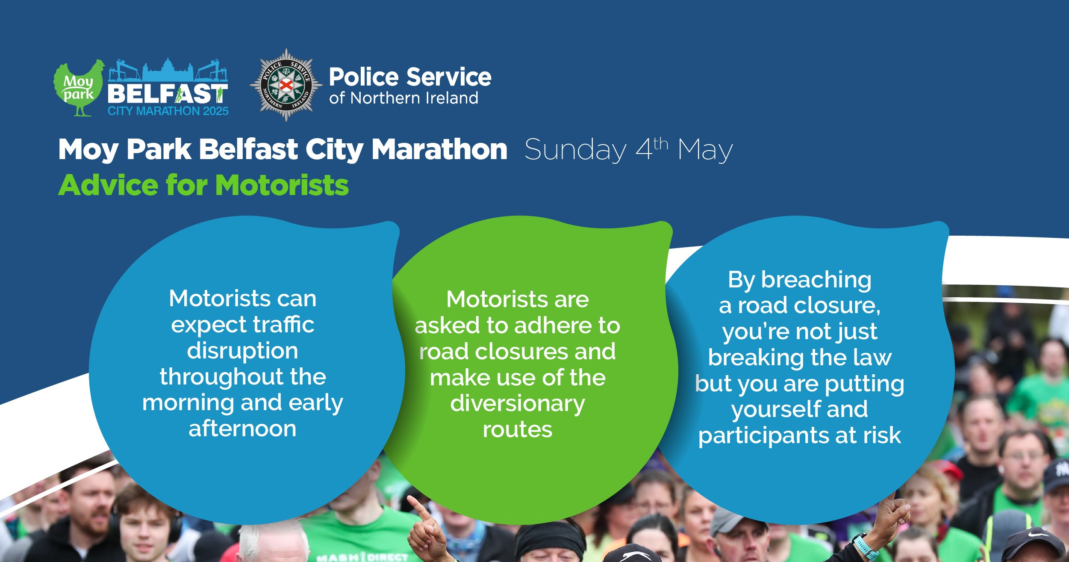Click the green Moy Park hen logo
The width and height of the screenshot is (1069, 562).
point(78,88)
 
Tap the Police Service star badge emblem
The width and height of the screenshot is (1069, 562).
point(286,85)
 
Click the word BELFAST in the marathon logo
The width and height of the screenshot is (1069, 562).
point(167,93)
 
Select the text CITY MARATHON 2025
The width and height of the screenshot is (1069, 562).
point(168,111)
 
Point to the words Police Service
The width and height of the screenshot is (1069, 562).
point(410,77)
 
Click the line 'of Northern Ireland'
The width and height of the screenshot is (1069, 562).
point(403,98)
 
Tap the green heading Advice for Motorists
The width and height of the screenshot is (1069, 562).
point(203,185)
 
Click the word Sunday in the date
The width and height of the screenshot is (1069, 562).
point(575,150)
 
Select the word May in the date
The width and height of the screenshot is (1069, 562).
point(705,150)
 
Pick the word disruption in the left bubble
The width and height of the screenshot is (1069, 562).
point(242,351)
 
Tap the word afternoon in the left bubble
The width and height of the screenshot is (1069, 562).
point(242,429)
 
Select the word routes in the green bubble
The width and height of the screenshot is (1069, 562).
point(517,429)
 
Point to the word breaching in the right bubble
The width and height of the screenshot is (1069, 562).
point(816,281)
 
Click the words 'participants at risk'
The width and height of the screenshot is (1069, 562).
point(799,435)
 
